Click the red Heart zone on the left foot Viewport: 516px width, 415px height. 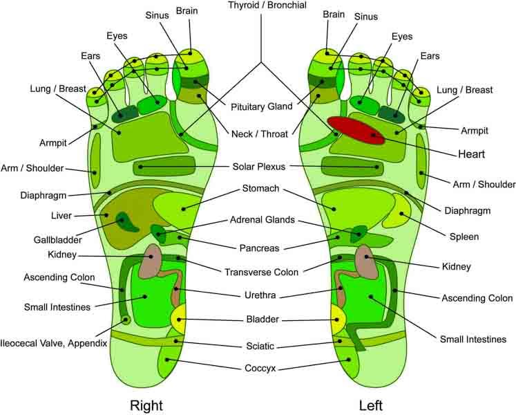pos(355,129)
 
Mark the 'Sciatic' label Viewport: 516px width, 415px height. pos(260,345)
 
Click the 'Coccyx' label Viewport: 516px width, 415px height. pos(260,369)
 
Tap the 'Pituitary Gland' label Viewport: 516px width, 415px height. pos(261,107)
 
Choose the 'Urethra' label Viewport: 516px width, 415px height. pos(260,295)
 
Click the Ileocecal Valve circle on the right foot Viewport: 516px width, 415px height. pos(125,320)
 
